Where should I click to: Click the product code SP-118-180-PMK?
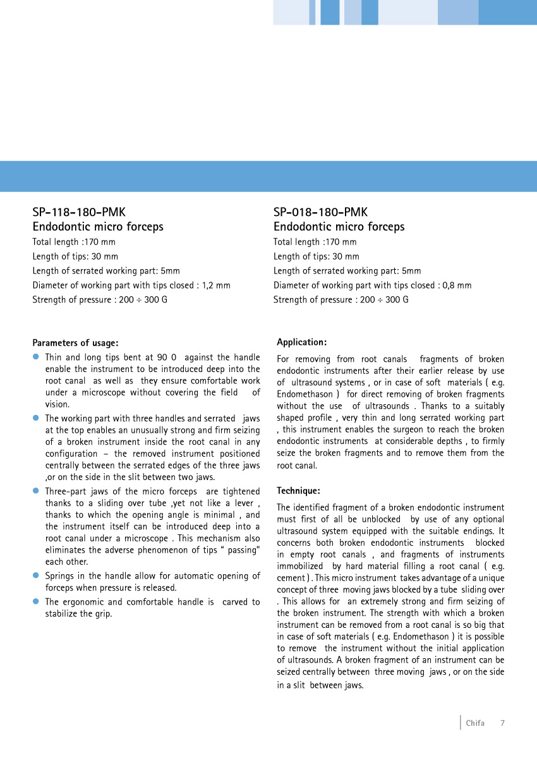click(x=75, y=212)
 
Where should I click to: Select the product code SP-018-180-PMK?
click(x=320, y=212)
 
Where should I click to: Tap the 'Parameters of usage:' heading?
click(x=75, y=343)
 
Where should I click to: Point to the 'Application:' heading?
click(x=301, y=342)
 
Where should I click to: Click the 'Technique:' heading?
click(x=298, y=491)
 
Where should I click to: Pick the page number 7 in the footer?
click(x=502, y=723)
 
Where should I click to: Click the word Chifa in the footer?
click(x=475, y=723)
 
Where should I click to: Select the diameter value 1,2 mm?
click(x=216, y=286)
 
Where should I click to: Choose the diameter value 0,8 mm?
click(x=457, y=286)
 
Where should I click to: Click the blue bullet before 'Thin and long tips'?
click(x=36, y=358)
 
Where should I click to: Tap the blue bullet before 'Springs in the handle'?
click(x=36, y=576)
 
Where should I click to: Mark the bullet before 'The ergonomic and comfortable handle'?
click(x=36, y=602)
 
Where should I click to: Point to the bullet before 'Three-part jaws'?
click(x=36, y=491)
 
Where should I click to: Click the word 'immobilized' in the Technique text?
click(x=299, y=567)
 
